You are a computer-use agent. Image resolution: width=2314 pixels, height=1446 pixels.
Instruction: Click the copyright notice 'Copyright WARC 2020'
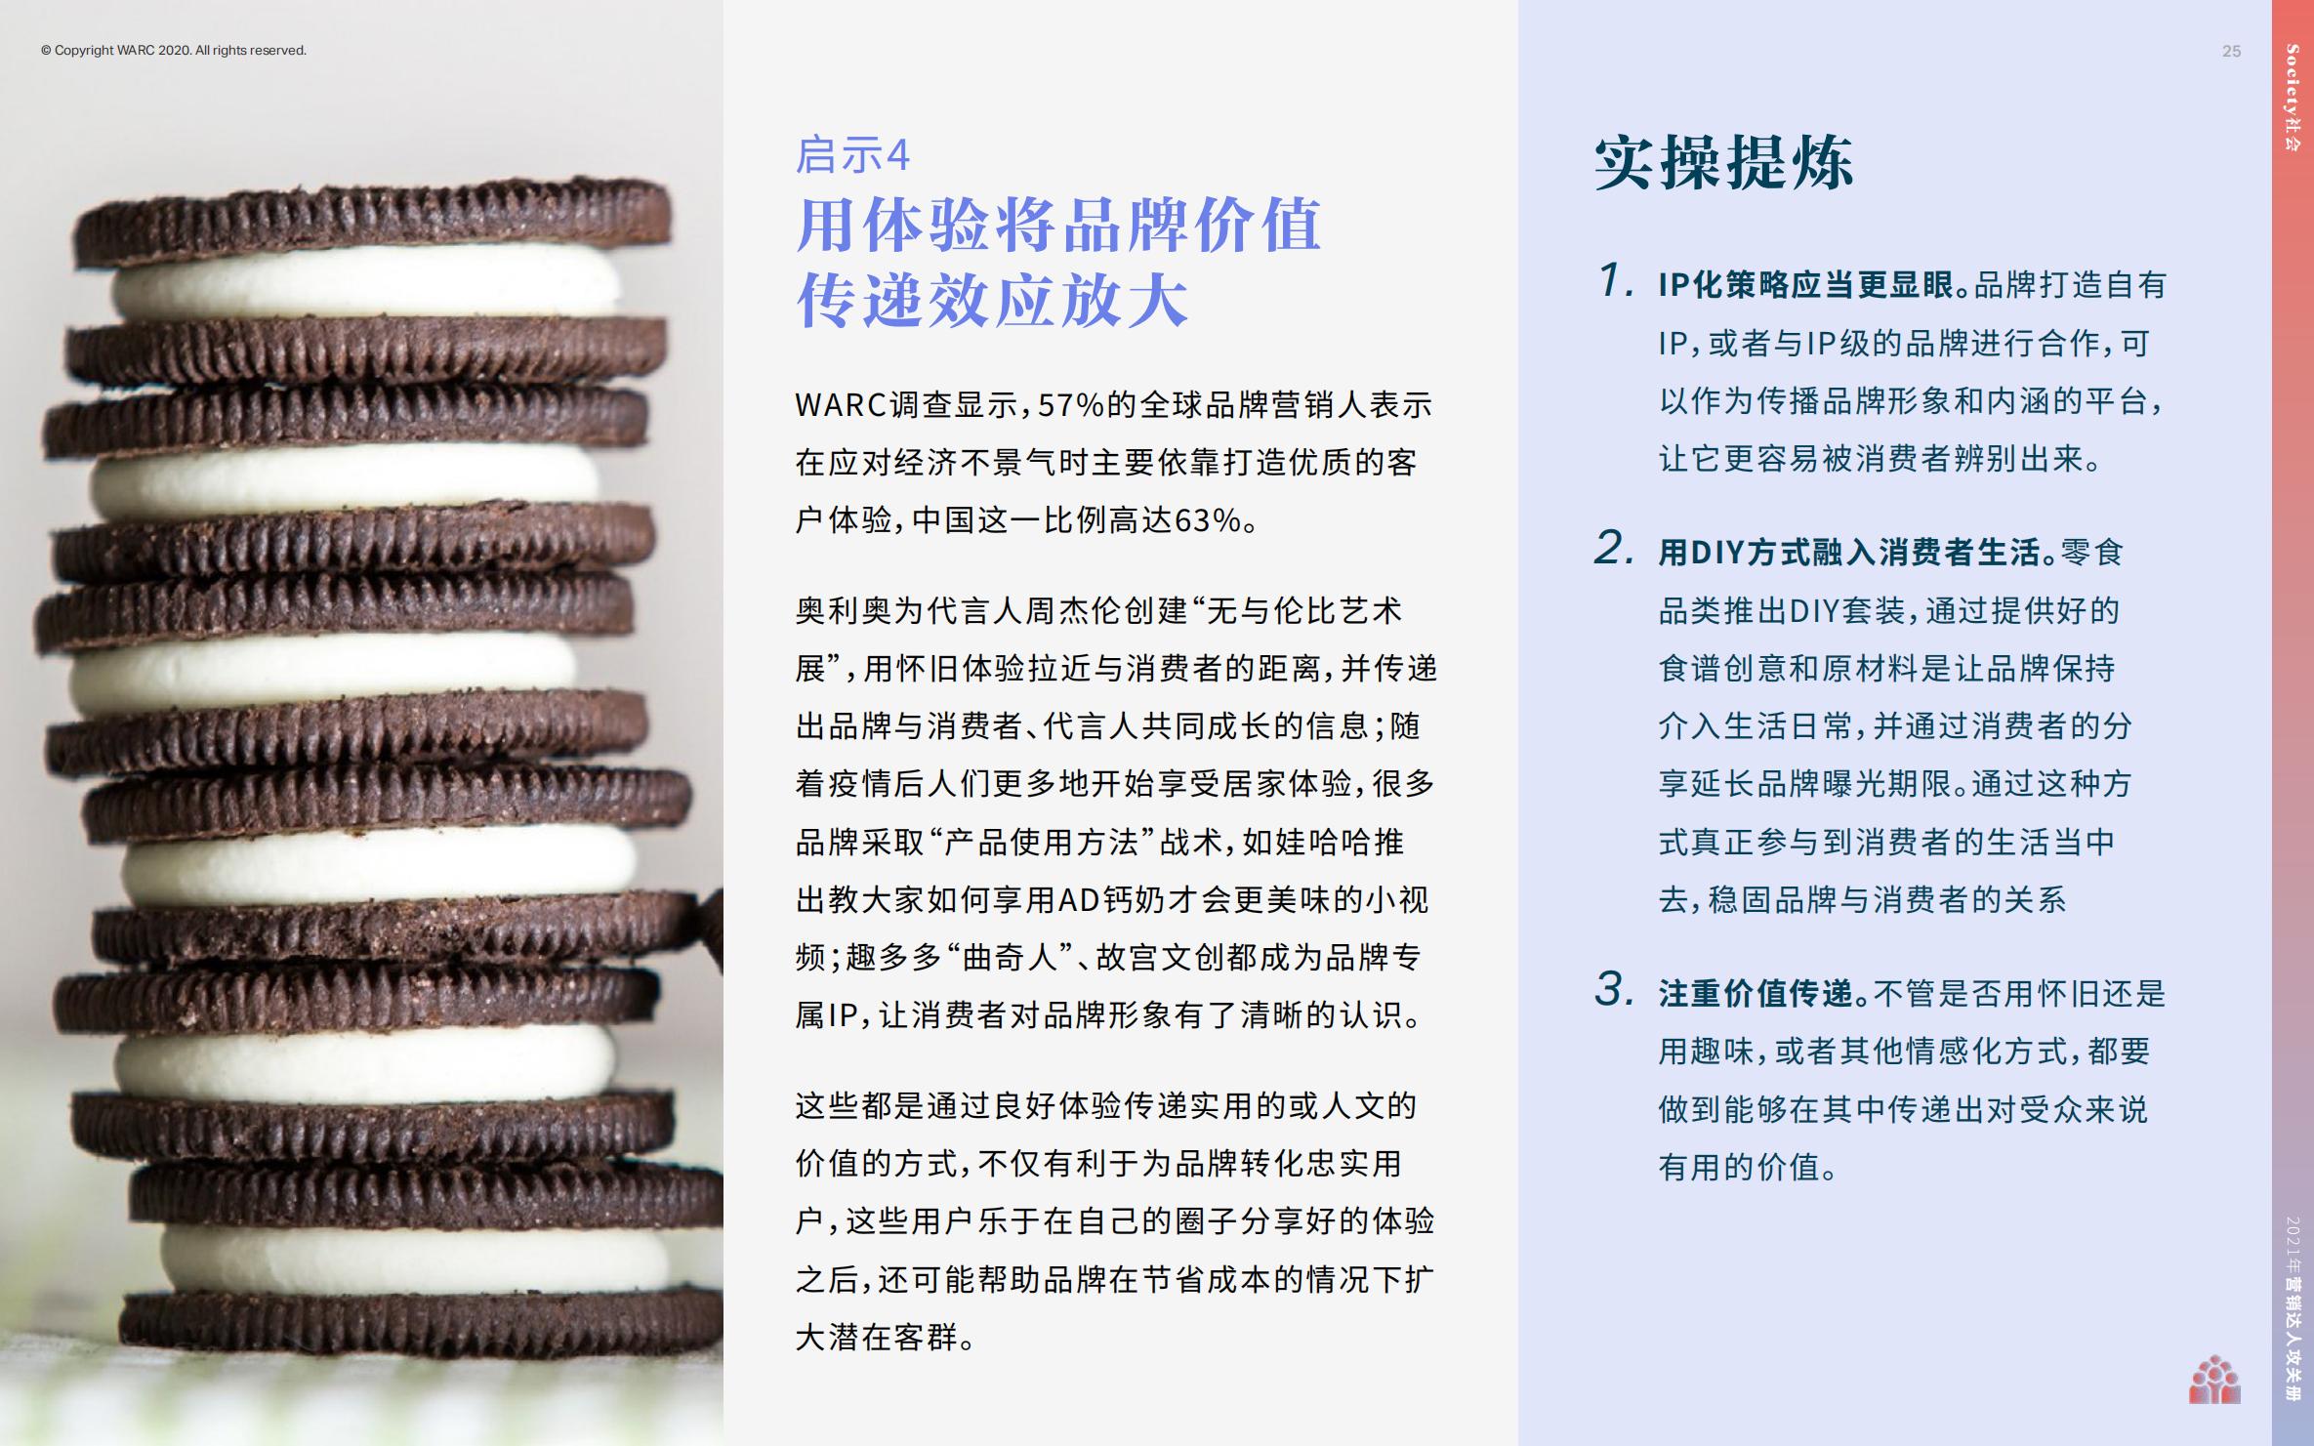tap(174, 51)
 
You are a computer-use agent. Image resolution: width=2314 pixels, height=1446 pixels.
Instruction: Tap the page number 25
tap(2231, 52)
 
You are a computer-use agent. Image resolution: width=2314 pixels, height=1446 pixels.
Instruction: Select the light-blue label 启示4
tap(852, 155)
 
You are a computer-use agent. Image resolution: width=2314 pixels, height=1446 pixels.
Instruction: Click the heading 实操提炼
tap(1724, 162)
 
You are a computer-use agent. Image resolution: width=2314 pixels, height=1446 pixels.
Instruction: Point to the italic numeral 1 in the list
tap(1614, 281)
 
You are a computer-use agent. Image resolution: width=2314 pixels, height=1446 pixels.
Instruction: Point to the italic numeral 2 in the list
tap(1614, 549)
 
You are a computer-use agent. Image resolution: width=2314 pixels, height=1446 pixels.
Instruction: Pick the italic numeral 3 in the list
tap(1614, 990)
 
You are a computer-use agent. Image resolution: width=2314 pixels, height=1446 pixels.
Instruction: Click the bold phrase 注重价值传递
tap(1756, 994)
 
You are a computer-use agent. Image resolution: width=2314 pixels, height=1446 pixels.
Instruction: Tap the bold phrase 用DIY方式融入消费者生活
tap(1850, 553)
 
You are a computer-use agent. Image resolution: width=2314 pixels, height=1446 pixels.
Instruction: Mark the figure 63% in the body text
tap(1207, 521)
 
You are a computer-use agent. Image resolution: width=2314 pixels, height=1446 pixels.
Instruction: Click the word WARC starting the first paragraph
tap(841, 405)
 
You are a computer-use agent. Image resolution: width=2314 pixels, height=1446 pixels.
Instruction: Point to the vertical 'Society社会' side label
tap(2293, 97)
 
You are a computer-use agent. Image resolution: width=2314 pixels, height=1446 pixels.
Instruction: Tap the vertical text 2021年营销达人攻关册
tap(2293, 1308)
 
